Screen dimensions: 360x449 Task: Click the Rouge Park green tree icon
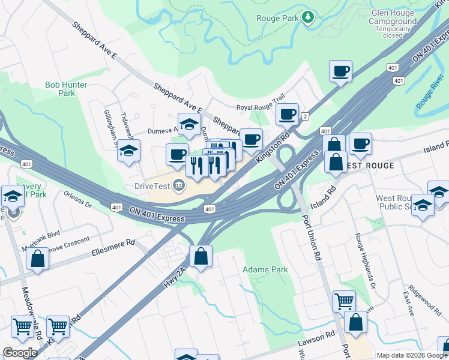tap(308, 17)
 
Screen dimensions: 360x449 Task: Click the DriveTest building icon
tap(178, 184)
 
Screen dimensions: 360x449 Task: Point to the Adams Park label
tap(265, 270)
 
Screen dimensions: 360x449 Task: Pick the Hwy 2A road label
tap(173, 277)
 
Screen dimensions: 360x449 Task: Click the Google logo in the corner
tap(20, 353)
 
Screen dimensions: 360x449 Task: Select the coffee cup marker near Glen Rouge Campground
tap(340, 71)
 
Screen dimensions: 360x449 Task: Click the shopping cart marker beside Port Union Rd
tap(344, 301)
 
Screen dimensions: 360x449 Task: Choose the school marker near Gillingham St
tap(128, 151)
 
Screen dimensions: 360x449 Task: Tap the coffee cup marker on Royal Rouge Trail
tap(287, 113)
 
